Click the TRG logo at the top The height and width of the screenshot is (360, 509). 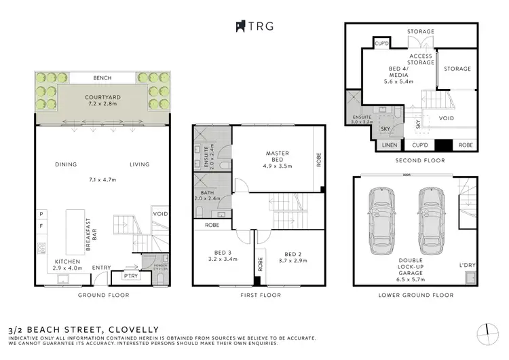[254, 26]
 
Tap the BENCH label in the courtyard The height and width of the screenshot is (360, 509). [102, 77]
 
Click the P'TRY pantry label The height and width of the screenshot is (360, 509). [130, 276]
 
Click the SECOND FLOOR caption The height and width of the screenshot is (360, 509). [414, 161]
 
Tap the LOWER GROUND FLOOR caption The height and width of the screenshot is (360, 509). [415, 295]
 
